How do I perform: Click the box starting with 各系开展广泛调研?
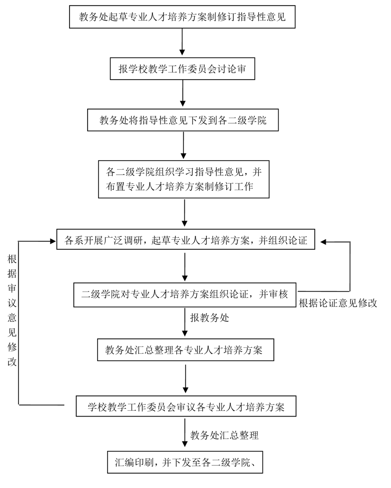[x=186, y=241]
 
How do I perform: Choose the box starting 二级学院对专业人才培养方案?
[x=185, y=294]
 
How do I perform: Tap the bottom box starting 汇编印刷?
[x=186, y=461]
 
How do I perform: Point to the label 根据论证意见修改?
[x=338, y=304]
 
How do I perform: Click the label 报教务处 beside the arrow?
[x=210, y=318]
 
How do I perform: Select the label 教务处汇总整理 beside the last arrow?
[x=224, y=435]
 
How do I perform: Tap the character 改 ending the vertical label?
[x=12, y=361]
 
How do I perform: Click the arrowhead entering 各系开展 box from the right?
[x=324, y=242]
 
